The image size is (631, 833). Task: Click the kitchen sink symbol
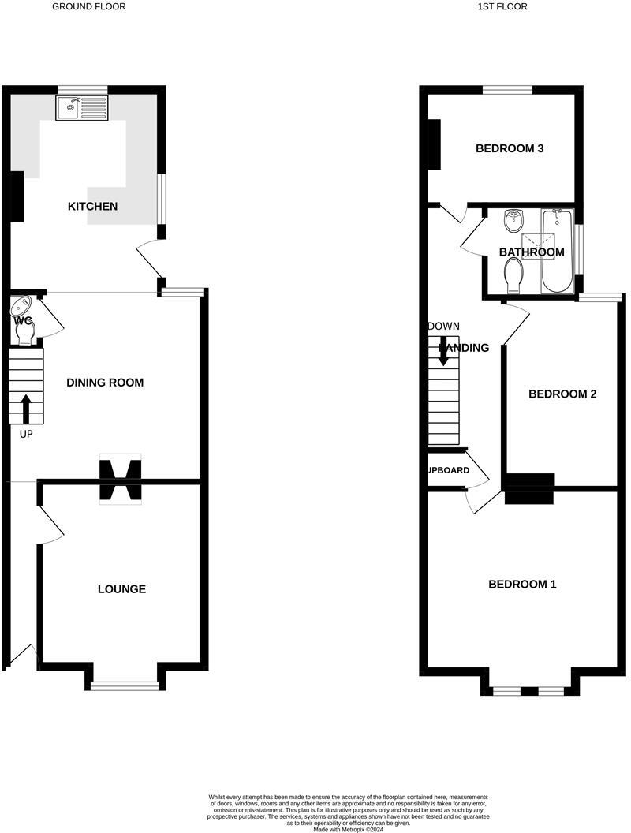pyautogui.click(x=81, y=107)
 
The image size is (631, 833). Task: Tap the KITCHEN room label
pyautogui.click(x=92, y=207)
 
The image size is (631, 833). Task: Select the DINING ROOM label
pyautogui.click(x=105, y=383)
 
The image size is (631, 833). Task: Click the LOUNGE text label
pyautogui.click(x=121, y=589)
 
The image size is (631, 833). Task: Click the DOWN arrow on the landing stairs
pyautogui.click(x=443, y=350)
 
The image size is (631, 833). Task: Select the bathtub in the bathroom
pyautogui.click(x=558, y=251)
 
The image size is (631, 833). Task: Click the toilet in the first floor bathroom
pyautogui.click(x=513, y=276)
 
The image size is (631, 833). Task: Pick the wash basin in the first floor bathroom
pyautogui.click(x=513, y=218)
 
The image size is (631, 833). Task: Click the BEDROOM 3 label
pyautogui.click(x=510, y=148)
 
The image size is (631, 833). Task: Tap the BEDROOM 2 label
pyautogui.click(x=562, y=394)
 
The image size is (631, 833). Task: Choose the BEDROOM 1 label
pyautogui.click(x=522, y=585)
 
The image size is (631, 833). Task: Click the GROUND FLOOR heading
pyautogui.click(x=89, y=6)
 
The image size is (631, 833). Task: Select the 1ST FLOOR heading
pyautogui.click(x=502, y=6)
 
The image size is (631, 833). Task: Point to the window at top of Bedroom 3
pyautogui.click(x=507, y=90)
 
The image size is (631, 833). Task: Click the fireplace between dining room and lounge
pyautogui.click(x=120, y=478)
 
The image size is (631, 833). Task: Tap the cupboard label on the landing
pyautogui.click(x=448, y=471)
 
